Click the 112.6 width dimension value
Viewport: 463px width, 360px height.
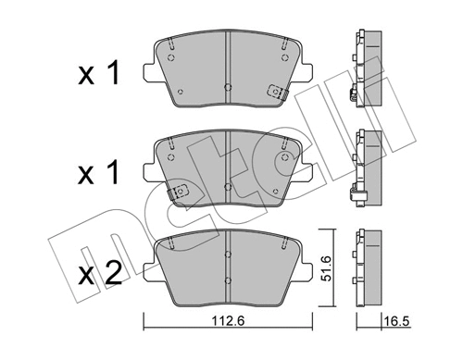(x=228, y=321)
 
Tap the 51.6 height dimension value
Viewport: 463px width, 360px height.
(x=326, y=268)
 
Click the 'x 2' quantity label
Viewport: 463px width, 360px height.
(x=100, y=274)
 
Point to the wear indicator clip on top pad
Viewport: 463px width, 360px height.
(x=277, y=92)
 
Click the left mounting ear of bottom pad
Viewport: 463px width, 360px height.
(x=150, y=270)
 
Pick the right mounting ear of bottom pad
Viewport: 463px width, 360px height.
(x=306, y=270)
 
